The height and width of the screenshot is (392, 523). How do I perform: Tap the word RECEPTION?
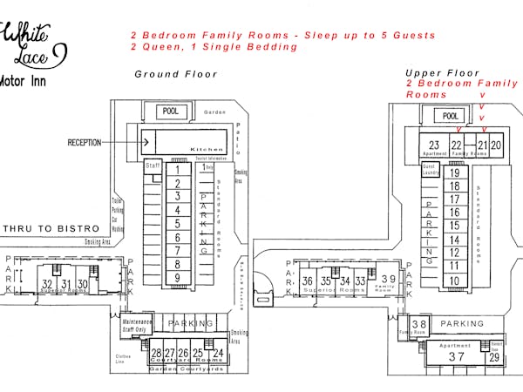[96, 142]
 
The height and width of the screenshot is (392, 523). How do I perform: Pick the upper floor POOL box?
[451, 116]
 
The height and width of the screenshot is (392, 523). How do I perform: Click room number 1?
[177, 169]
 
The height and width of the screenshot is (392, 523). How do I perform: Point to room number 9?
[177, 278]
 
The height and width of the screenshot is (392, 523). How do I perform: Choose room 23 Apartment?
[433, 145]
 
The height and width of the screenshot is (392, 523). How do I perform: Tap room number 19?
[454, 173]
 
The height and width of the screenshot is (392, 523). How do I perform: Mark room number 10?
[454, 280]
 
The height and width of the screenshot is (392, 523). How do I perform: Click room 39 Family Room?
[388, 280]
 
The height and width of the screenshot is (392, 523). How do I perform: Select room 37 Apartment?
[456, 355]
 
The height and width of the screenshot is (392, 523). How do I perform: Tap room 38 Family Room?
[419, 326]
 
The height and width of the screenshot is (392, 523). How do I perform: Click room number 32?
[48, 284]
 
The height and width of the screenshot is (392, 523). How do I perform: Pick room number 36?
[307, 281]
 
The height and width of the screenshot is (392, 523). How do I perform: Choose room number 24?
[218, 353]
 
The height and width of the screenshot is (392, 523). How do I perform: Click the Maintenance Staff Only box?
[137, 327]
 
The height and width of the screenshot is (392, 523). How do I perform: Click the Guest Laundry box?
[429, 170]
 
